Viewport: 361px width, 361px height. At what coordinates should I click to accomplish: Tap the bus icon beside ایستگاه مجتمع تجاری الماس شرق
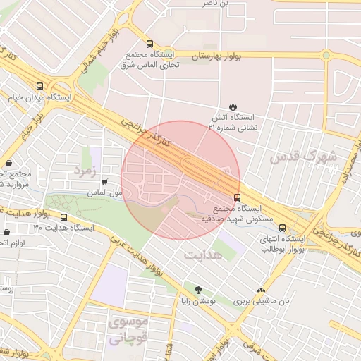(149, 44)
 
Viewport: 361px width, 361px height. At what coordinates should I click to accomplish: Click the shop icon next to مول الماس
(105, 181)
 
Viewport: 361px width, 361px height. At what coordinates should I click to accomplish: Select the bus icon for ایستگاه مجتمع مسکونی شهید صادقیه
(237, 198)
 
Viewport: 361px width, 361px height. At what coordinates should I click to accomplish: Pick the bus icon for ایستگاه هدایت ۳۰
(64, 218)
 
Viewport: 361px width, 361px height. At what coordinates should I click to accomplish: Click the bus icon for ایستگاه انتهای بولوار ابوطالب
(283, 228)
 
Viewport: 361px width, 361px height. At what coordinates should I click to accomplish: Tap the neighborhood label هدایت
(202, 254)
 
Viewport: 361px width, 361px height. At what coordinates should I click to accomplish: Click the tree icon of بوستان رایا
(197, 289)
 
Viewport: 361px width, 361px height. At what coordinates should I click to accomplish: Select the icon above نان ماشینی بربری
(262, 289)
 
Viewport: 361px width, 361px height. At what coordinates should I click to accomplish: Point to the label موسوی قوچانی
(128, 330)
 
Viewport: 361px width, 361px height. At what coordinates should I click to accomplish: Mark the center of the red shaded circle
(180, 180)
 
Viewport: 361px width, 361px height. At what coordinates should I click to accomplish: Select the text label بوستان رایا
(197, 300)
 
